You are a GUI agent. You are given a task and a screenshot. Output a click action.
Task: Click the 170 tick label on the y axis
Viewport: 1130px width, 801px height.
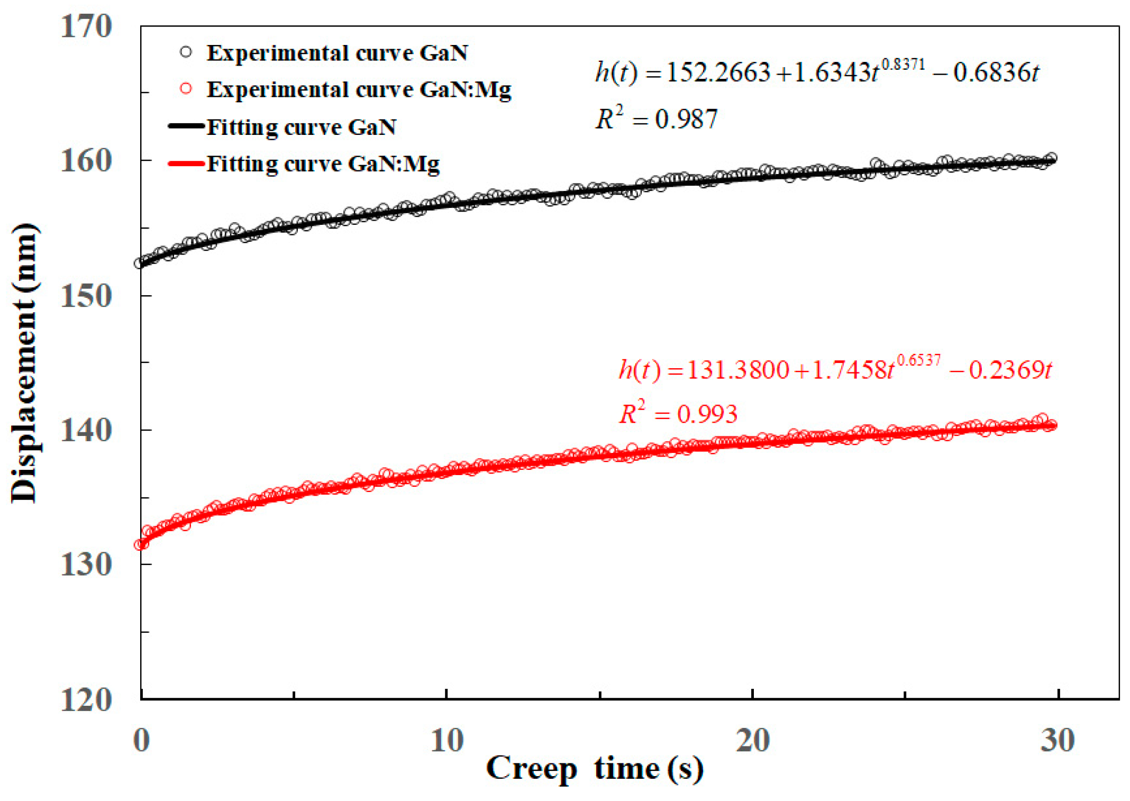pyautogui.click(x=86, y=26)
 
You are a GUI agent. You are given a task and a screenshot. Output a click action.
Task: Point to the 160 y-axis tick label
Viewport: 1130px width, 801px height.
pyautogui.click(x=86, y=160)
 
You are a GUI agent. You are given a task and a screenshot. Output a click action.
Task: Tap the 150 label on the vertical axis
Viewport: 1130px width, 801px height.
pyautogui.click(x=86, y=296)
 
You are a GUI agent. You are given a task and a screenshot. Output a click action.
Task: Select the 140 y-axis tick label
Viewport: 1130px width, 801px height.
pyautogui.click(x=86, y=430)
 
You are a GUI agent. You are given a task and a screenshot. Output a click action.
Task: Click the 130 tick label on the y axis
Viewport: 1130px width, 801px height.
pyautogui.click(x=86, y=565)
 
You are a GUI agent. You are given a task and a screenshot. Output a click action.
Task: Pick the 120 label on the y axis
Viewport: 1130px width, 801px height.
pyautogui.click(x=86, y=699)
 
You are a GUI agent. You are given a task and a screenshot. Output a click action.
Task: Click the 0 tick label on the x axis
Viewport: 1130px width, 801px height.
pyautogui.click(x=141, y=740)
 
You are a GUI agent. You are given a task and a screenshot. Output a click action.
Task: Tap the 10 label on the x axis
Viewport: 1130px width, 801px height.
pyautogui.click(x=447, y=740)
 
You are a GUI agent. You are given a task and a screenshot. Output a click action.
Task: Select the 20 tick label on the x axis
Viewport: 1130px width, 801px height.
pyautogui.click(x=752, y=740)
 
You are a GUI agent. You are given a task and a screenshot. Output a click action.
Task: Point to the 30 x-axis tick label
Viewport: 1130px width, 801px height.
pyautogui.click(x=1058, y=740)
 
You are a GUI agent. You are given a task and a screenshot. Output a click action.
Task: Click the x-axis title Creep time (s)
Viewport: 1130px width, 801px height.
pyautogui.click(x=595, y=769)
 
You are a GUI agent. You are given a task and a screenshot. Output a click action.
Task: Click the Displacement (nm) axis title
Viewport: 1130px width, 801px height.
pyautogui.click(x=24, y=363)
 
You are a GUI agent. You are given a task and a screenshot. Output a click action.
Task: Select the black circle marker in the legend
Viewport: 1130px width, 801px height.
pyautogui.click(x=186, y=52)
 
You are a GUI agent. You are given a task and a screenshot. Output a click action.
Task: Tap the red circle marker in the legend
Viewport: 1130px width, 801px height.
pyautogui.click(x=186, y=88)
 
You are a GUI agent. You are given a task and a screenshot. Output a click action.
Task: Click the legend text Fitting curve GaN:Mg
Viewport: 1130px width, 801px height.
pyautogui.click(x=323, y=163)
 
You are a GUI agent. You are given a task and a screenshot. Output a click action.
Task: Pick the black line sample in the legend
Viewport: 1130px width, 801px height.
pyautogui.click(x=186, y=126)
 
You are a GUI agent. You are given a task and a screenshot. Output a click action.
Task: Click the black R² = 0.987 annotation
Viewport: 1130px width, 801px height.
pyautogui.click(x=657, y=118)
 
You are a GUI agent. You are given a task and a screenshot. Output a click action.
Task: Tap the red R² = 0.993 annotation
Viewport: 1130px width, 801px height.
pyautogui.click(x=678, y=413)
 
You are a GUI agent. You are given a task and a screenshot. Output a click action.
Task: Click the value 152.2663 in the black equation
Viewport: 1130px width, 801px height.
pyautogui.click(x=718, y=72)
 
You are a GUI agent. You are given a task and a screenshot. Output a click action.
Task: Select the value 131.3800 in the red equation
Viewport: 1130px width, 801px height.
pyautogui.click(x=738, y=370)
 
